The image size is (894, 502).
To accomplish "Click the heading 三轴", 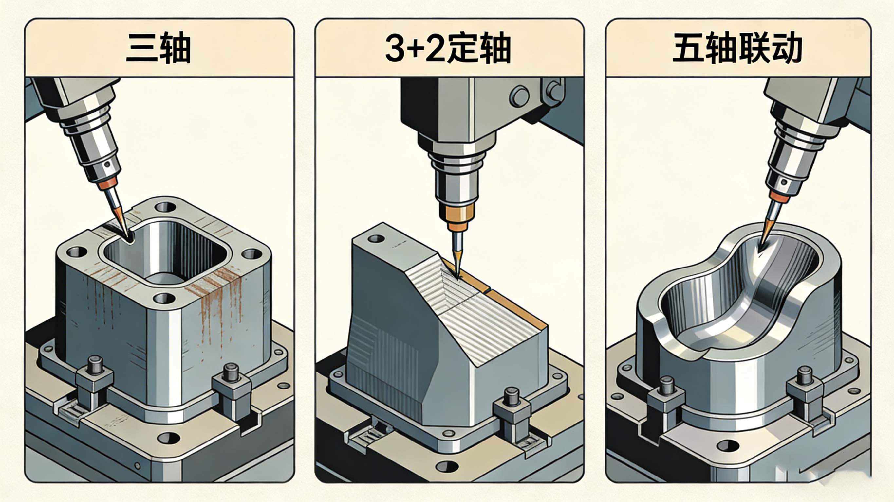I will tap(158, 48).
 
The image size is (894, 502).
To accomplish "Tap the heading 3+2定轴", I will tap(448, 48).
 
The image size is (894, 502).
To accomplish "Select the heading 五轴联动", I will tap(737, 48).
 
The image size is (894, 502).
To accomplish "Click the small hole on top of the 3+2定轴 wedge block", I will tap(376, 239).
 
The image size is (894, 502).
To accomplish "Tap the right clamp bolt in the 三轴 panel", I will tap(230, 372).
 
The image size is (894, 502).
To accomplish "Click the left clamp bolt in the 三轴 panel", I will tap(95, 365).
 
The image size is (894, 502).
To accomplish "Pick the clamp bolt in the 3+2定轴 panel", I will tap(511, 397).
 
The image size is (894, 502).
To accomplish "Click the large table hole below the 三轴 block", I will tap(169, 438).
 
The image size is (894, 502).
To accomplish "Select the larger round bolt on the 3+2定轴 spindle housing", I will tap(519, 96).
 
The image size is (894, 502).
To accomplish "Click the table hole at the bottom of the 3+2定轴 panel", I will tap(448, 466).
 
